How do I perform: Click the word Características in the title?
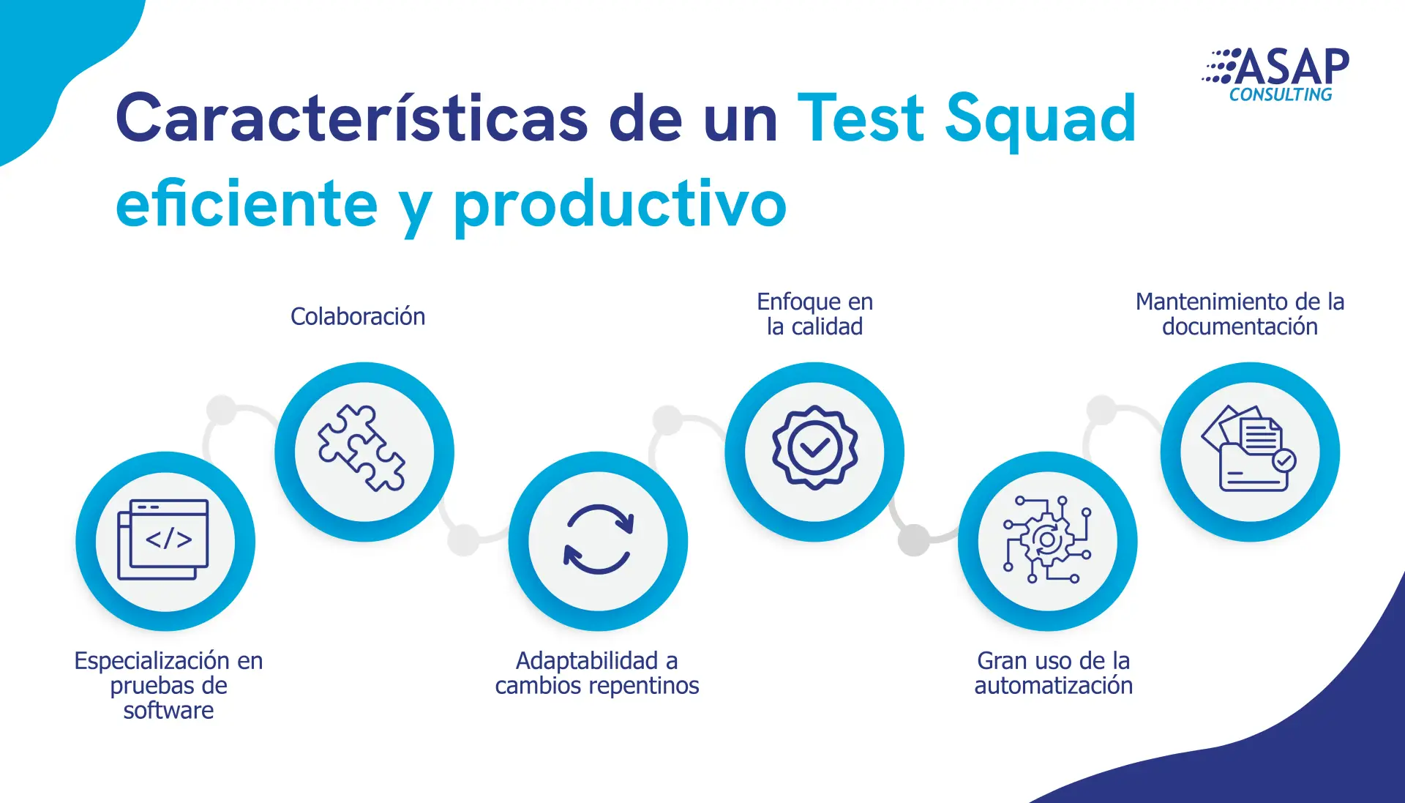[352, 118]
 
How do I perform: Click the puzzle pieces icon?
[361, 447]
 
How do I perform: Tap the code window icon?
[163, 539]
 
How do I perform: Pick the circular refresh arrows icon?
[598, 539]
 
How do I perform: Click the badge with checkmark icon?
[814, 447]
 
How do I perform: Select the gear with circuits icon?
[1047, 539]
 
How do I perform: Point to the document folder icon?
[1248, 448]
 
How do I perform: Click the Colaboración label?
[358, 316]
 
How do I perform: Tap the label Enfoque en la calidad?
[814, 314]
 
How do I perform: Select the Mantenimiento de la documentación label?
[1240, 314]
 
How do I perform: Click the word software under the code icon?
[168, 710]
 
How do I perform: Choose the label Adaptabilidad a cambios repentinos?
[597, 673]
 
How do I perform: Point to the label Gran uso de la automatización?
[1053, 673]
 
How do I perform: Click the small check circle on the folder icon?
[1284, 460]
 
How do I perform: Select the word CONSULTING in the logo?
[1281, 94]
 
